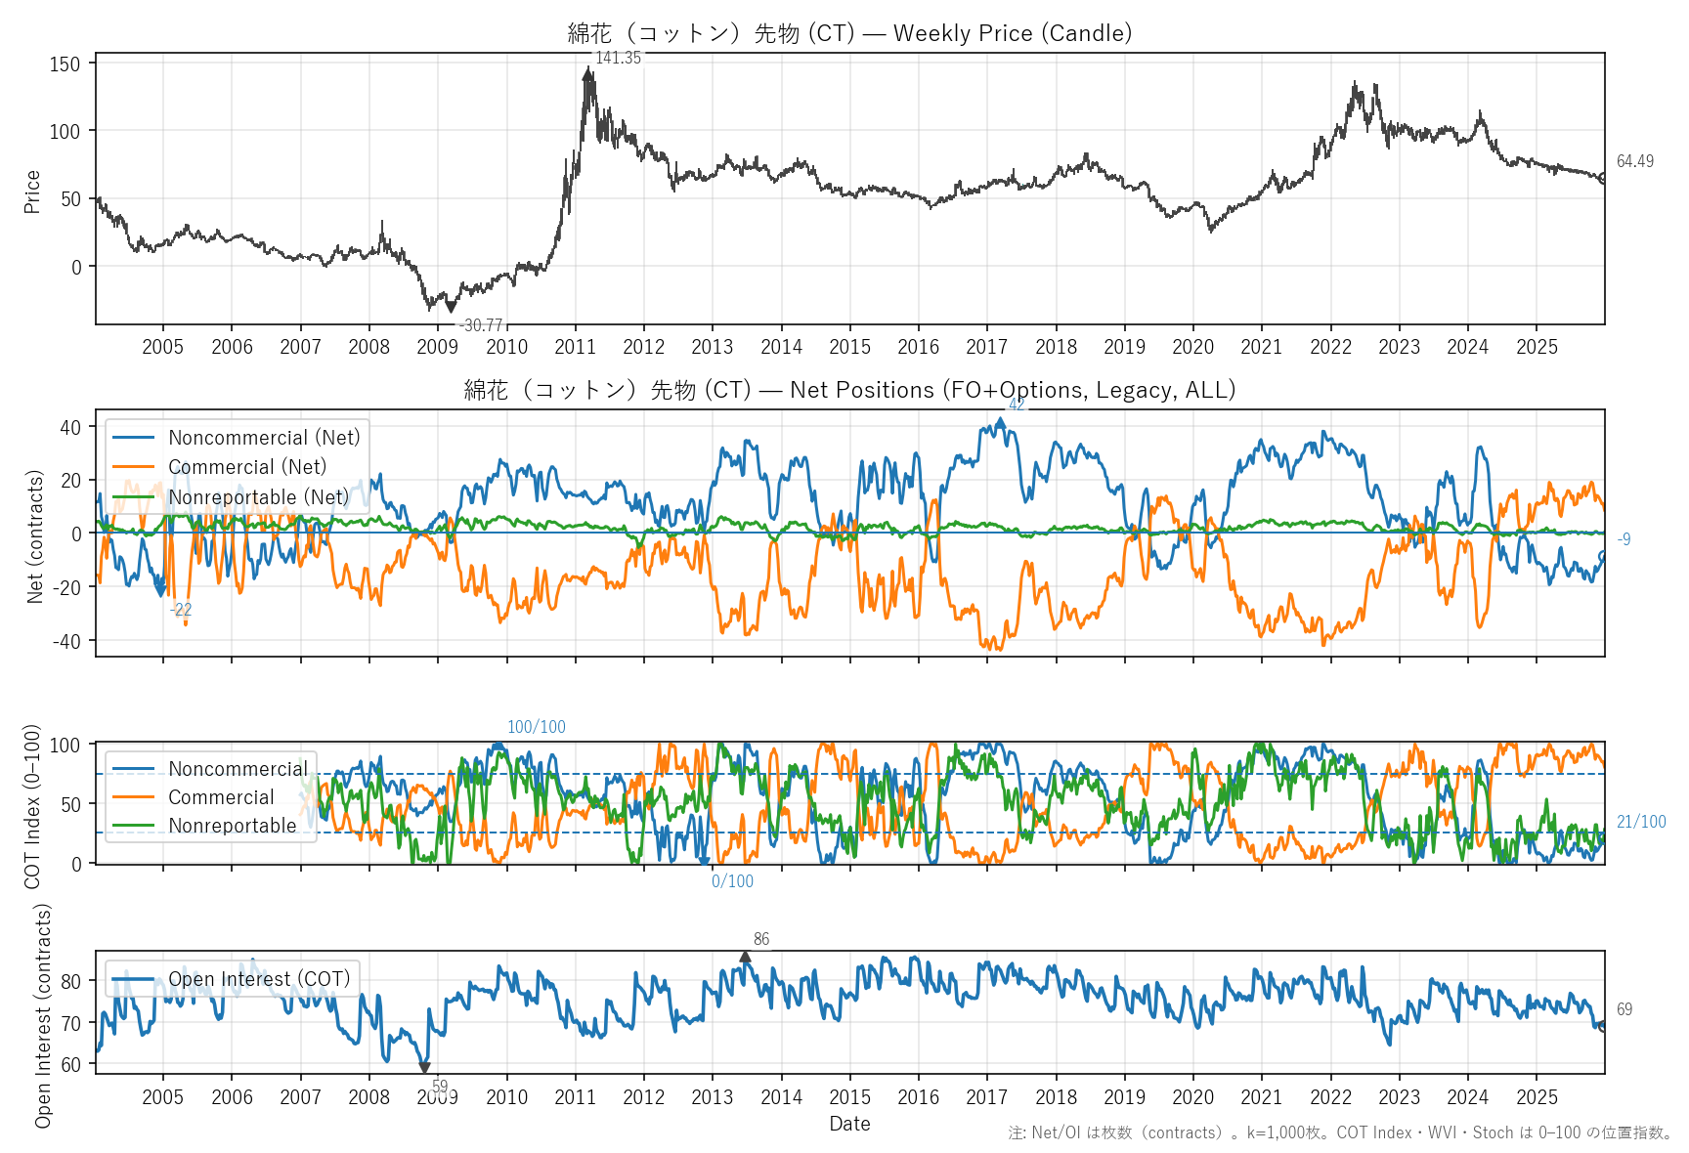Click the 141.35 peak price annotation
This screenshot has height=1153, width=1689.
(618, 58)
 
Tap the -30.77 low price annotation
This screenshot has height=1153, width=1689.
(481, 325)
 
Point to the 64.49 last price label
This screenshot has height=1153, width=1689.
(1634, 161)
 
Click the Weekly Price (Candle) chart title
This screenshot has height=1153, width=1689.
(849, 33)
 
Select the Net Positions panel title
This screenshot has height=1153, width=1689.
(849, 390)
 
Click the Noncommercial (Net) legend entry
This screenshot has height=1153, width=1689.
(264, 438)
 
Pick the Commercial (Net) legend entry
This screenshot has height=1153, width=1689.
(247, 467)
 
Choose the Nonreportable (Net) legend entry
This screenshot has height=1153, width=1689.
(258, 497)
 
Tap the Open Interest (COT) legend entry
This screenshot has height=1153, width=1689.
(259, 979)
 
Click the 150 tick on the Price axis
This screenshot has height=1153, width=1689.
(65, 64)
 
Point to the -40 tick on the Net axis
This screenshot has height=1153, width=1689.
(69, 641)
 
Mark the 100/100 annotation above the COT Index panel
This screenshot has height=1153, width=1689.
(536, 727)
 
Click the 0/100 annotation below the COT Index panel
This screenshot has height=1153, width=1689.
(732, 881)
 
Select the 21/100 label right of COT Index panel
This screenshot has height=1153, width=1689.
(1640, 822)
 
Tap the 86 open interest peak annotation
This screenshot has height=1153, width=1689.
(761, 939)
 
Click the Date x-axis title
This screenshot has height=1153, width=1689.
(849, 1124)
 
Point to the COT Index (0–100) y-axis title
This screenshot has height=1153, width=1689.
(32, 806)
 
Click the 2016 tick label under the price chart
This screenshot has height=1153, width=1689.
(918, 347)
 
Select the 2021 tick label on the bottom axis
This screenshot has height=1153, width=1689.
(1261, 1097)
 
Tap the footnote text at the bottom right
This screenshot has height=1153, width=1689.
(1339, 1132)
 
